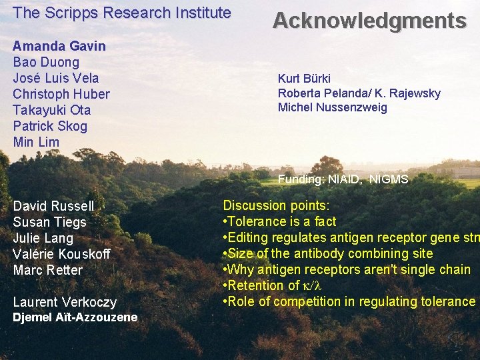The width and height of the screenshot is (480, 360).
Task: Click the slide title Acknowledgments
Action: click(x=369, y=21)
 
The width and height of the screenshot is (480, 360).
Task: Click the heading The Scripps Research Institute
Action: click(x=122, y=13)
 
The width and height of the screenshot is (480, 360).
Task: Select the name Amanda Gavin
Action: click(x=59, y=46)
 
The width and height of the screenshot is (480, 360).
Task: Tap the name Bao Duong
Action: click(x=46, y=62)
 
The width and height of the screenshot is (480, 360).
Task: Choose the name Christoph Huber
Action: click(x=61, y=94)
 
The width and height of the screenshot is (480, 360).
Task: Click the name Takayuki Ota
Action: click(x=52, y=110)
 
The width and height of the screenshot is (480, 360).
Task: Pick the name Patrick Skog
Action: click(x=50, y=126)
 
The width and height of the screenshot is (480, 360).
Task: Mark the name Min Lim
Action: click(x=36, y=142)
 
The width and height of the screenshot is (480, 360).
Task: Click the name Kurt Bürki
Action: click(x=304, y=79)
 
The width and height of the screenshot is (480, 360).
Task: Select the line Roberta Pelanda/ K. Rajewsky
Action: click(x=359, y=93)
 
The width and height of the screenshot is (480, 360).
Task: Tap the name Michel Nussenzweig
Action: click(x=332, y=107)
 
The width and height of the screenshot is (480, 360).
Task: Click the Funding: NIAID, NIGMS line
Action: click(x=343, y=179)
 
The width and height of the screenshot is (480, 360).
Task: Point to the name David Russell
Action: click(x=53, y=206)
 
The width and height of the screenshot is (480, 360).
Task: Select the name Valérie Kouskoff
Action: click(x=61, y=254)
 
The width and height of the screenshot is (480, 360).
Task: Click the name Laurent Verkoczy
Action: click(x=65, y=302)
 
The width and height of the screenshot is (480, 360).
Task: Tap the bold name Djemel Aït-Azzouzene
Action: click(x=75, y=317)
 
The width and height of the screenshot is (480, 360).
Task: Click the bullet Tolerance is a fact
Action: click(x=279, y=221)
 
